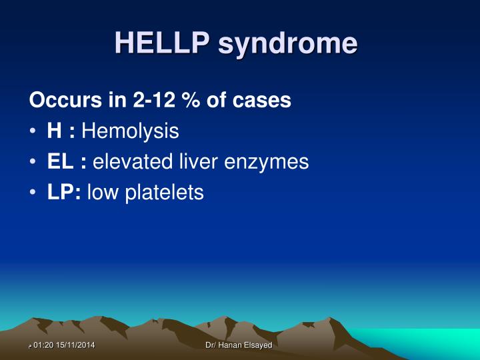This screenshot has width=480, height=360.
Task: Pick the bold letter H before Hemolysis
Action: pyautogui.click(x=54, y=131)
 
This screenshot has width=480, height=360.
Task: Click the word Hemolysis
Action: pyautogui.click(x=130, y=131)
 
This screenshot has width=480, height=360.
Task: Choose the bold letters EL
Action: pyautogui.click(x=58, y=162)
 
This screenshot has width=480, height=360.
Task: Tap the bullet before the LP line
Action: pyautogui.click(x=33, y=193)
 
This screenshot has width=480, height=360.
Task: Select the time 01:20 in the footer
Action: pyautogui.click(x=43, y=345)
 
